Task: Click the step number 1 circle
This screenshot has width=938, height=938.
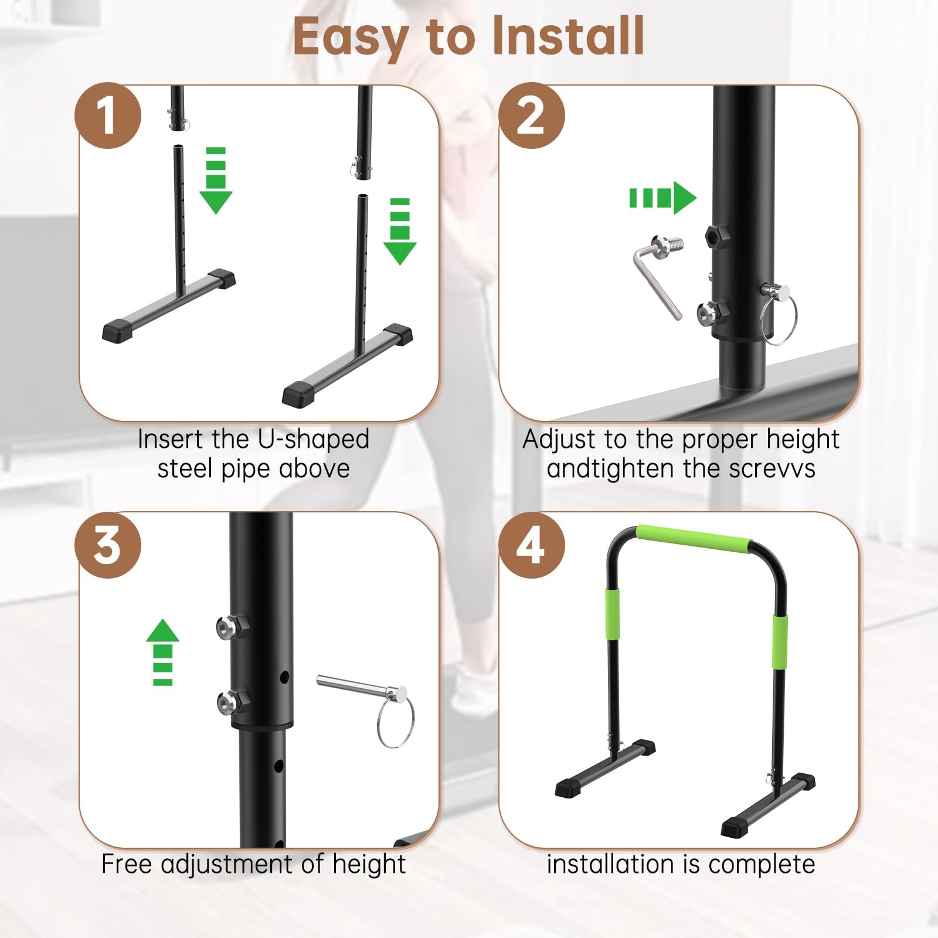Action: tap(108, 115)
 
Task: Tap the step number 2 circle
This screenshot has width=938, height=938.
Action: tap(532, 115)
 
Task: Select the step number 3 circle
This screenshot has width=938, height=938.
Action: tap(108, 545)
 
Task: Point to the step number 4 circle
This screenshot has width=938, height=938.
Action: tap(532, 545)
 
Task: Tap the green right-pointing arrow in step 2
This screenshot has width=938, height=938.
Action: tap(663, 198)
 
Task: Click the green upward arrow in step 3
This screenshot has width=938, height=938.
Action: tap(162, 652)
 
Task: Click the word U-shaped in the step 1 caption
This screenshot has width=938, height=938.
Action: tap(313, 440)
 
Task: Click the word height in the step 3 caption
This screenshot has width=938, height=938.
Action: tap(369, 864)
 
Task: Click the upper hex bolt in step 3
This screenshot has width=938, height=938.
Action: tap(232, 627)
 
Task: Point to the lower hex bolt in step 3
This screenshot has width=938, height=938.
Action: tap(232, 702)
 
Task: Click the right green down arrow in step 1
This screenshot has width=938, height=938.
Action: tap(400, 232)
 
